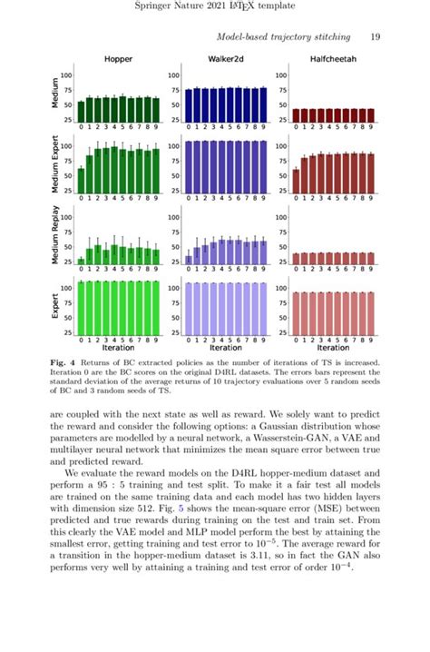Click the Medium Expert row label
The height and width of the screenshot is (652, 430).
55,164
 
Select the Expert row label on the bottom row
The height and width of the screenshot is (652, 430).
55,307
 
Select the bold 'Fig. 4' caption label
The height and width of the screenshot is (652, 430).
65,361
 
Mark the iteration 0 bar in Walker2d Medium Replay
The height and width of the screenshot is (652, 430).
189,259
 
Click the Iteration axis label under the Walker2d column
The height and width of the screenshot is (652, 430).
225,347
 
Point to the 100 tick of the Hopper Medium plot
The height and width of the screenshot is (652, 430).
67,75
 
